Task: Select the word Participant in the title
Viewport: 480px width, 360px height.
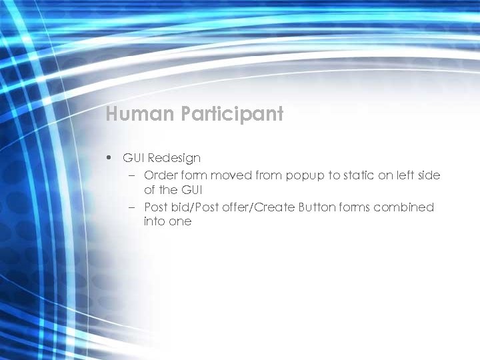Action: coord(232,114)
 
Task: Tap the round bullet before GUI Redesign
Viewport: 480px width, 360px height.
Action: coord(108,159)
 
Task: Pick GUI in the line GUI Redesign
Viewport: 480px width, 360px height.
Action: coord(133,159)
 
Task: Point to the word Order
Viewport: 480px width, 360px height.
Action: coord(159,175)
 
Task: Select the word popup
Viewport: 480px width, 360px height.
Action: coord(305,176)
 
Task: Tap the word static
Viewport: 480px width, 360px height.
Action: coord(361,175)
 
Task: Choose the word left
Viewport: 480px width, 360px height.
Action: coord(406,175)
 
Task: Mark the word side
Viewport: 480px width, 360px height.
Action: coord(429,175)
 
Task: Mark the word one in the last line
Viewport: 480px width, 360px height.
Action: coord(180,221)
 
